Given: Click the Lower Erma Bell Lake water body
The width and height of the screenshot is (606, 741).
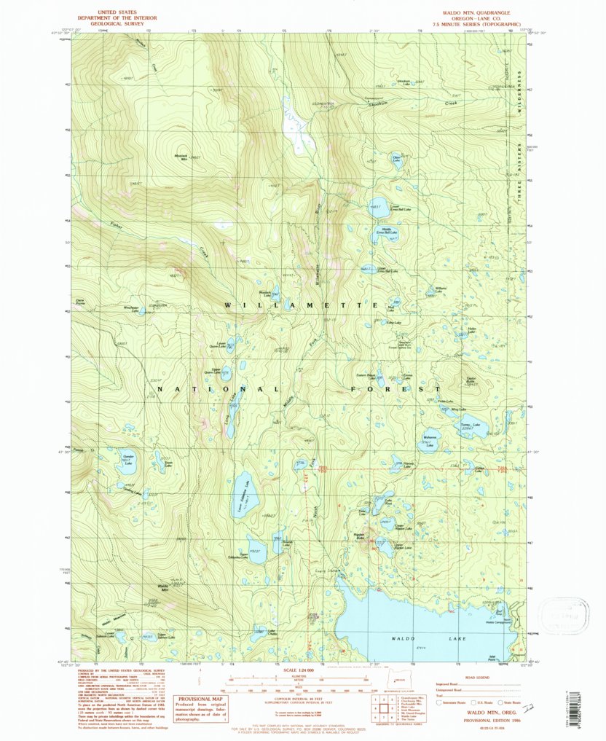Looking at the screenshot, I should [379, 205].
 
